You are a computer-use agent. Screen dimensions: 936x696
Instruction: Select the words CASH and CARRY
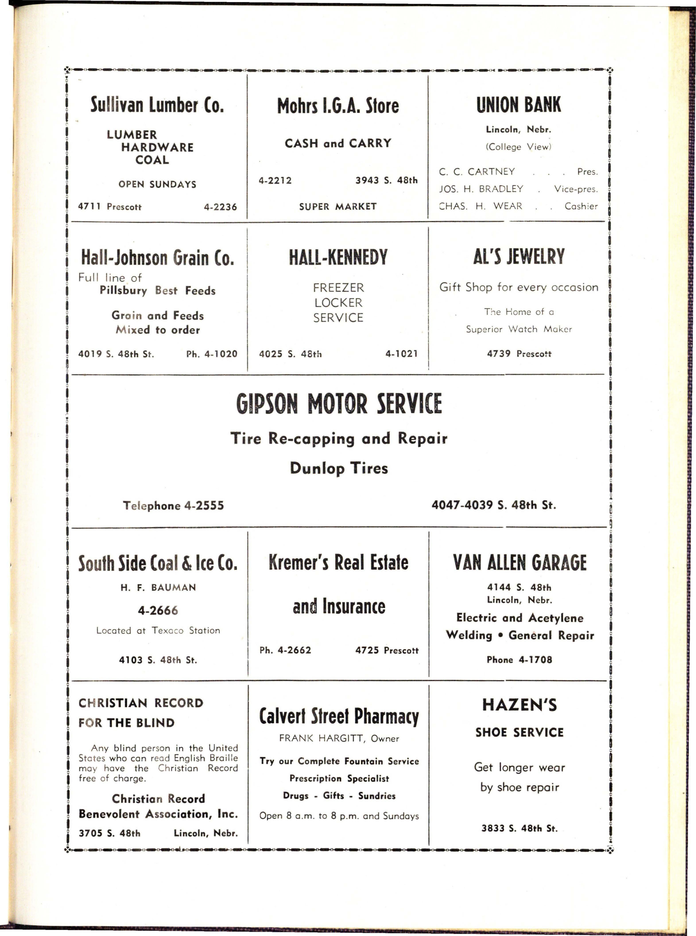click(x=338, y=143)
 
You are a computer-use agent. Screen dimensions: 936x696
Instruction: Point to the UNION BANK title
click(x=519, y=105)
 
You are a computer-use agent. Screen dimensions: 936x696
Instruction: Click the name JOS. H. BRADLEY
click(x=481, y=189)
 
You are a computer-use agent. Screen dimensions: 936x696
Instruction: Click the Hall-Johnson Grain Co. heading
click(x=157, y=257)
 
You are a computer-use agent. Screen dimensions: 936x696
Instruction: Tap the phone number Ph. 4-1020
click(x=212, y=354)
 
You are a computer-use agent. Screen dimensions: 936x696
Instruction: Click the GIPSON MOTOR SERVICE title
click(x=339, y=404)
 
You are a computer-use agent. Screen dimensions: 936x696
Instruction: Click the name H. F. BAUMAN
click(x=158, y=587)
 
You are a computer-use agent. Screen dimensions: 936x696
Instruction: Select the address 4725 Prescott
click(x=387, y=650)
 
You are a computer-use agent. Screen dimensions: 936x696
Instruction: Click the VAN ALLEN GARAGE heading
click(x=520, y=563)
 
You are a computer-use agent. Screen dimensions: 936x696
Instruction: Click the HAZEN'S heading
click(x=520, y=705)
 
